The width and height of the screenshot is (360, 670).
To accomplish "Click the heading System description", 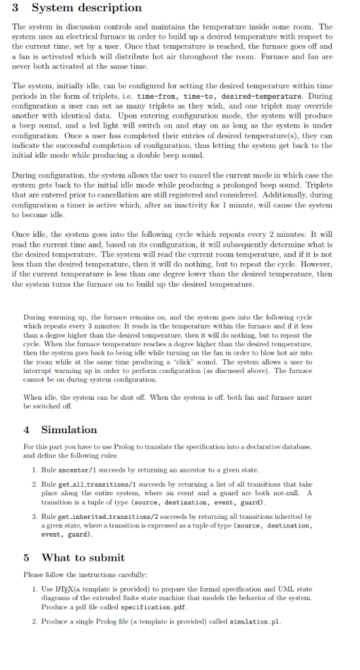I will (x=86, y=8).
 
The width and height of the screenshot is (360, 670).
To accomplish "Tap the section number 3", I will (x=16, y=8).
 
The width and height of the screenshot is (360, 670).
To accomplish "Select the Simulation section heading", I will (x=69, y=430).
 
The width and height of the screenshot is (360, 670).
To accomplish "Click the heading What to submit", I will (x=83, y=557).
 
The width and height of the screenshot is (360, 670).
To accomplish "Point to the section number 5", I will (x=26, y=557).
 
